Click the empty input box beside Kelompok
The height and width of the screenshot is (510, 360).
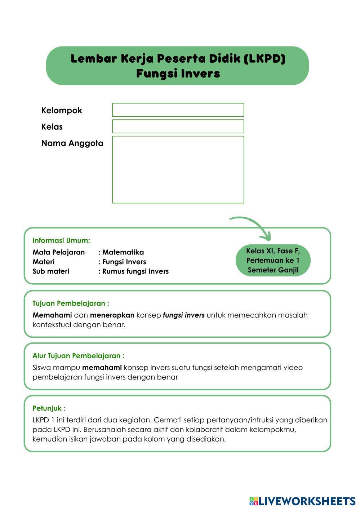[x=178, y=110]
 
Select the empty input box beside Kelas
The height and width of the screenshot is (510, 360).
[x=178, y=127]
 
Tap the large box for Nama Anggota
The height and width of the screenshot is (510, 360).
[x=178, y=169]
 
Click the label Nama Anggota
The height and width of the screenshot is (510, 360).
[x=72, y=143]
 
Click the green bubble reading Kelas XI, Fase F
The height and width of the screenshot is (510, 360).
[x=273, y=260]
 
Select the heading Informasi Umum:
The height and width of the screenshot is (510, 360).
[x=61, y=240]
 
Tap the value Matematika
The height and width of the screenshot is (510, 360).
[x=123, y=252]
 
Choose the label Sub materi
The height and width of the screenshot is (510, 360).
[x=51, y=271]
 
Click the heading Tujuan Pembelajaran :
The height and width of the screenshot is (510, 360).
[x=71, y=303]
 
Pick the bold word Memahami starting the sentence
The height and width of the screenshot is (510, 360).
[x=52, y=315]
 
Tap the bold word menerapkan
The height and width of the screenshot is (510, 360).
[x=112, y=315]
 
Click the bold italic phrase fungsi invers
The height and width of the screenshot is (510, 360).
[x=183, y=315]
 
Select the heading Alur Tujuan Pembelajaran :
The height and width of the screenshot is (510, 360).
[x=78, y=356]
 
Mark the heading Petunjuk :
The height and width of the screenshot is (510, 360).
[x=49, y=408]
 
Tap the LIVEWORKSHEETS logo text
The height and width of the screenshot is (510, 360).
[x=306, y=501]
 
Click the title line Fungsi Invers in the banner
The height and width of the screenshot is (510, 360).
[x=178, y=74]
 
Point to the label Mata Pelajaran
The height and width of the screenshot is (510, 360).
[x=59, y=252]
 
